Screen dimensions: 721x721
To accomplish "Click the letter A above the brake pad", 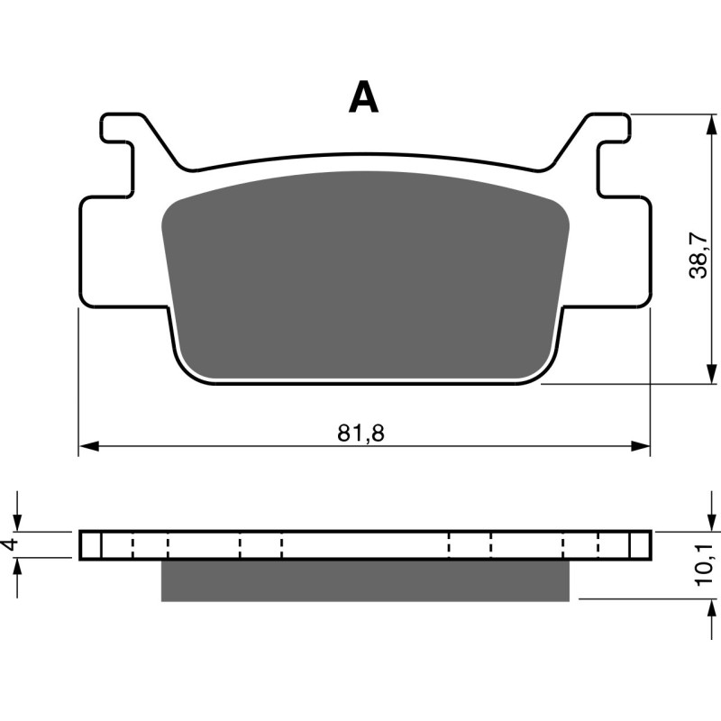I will [363, 97].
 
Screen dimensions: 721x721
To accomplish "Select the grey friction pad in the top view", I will [364, 275].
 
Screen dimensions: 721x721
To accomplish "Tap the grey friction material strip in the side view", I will [364, 580].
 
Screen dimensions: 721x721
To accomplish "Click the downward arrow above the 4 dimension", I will [18, 523].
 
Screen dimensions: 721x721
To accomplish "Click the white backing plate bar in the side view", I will [364, 544].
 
